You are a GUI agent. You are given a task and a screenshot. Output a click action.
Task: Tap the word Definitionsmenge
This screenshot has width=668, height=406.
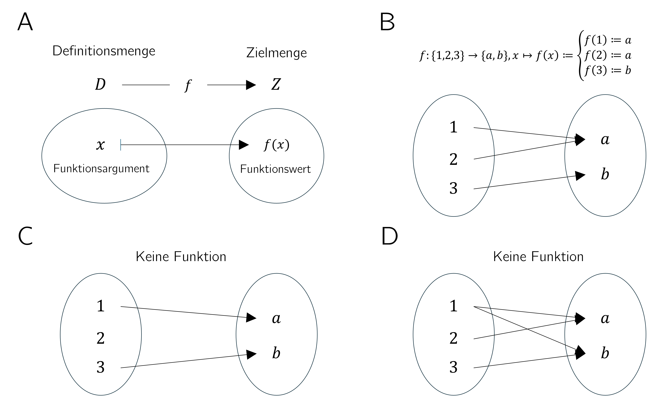coord(104,51)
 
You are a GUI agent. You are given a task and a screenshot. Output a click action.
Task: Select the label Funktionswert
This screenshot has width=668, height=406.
coord(275,169)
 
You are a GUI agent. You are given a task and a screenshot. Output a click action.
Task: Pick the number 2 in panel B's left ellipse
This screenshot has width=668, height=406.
coord(453,159)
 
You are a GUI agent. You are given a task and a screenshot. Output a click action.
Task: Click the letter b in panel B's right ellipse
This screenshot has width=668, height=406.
coord(605,174)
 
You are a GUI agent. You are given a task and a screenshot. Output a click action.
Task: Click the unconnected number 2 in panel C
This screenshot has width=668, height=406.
coord(101,338)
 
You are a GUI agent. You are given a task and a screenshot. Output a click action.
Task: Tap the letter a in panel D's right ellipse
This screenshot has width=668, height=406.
coord(605,318)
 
